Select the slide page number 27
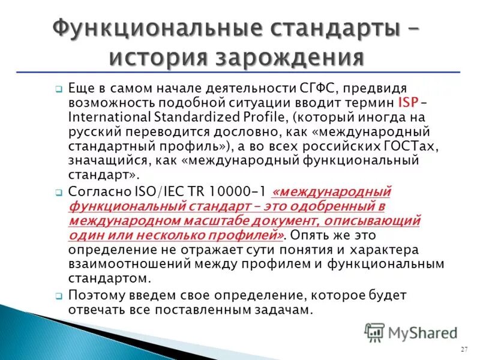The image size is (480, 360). [x=464, y=349]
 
